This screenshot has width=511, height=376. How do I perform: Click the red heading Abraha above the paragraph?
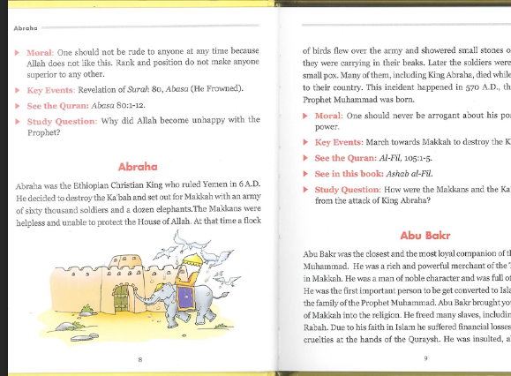click(139, 166)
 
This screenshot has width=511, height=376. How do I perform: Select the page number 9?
click(425, 357)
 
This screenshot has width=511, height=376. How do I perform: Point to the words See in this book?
click(349, 172)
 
